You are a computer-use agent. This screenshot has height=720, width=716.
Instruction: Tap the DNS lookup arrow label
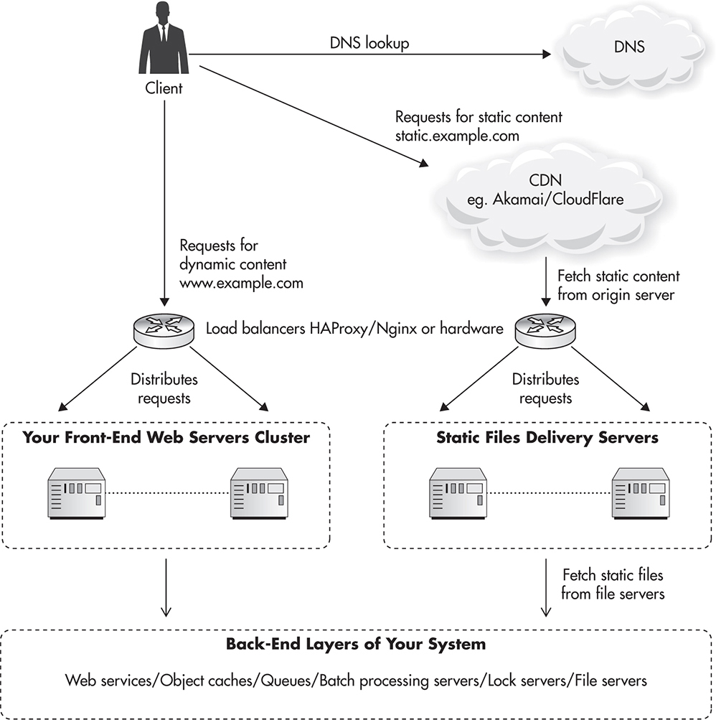(369, 44)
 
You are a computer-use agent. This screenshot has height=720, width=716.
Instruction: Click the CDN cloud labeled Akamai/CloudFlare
(544, 192)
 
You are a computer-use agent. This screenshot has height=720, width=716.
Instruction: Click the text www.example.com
(241, 283)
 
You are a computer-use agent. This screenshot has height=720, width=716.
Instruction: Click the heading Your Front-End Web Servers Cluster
(166, 437)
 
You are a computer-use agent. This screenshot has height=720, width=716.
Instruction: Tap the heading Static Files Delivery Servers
(547, 437)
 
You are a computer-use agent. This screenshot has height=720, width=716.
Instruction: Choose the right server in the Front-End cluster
(258, 492)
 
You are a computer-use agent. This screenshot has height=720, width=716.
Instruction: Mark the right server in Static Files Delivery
(640, 492)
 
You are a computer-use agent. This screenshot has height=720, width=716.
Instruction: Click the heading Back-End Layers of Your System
(356, 644)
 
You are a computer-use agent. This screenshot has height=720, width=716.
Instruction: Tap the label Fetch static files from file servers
(613, 584)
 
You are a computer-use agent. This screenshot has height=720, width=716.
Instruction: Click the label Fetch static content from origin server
(618, 284)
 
